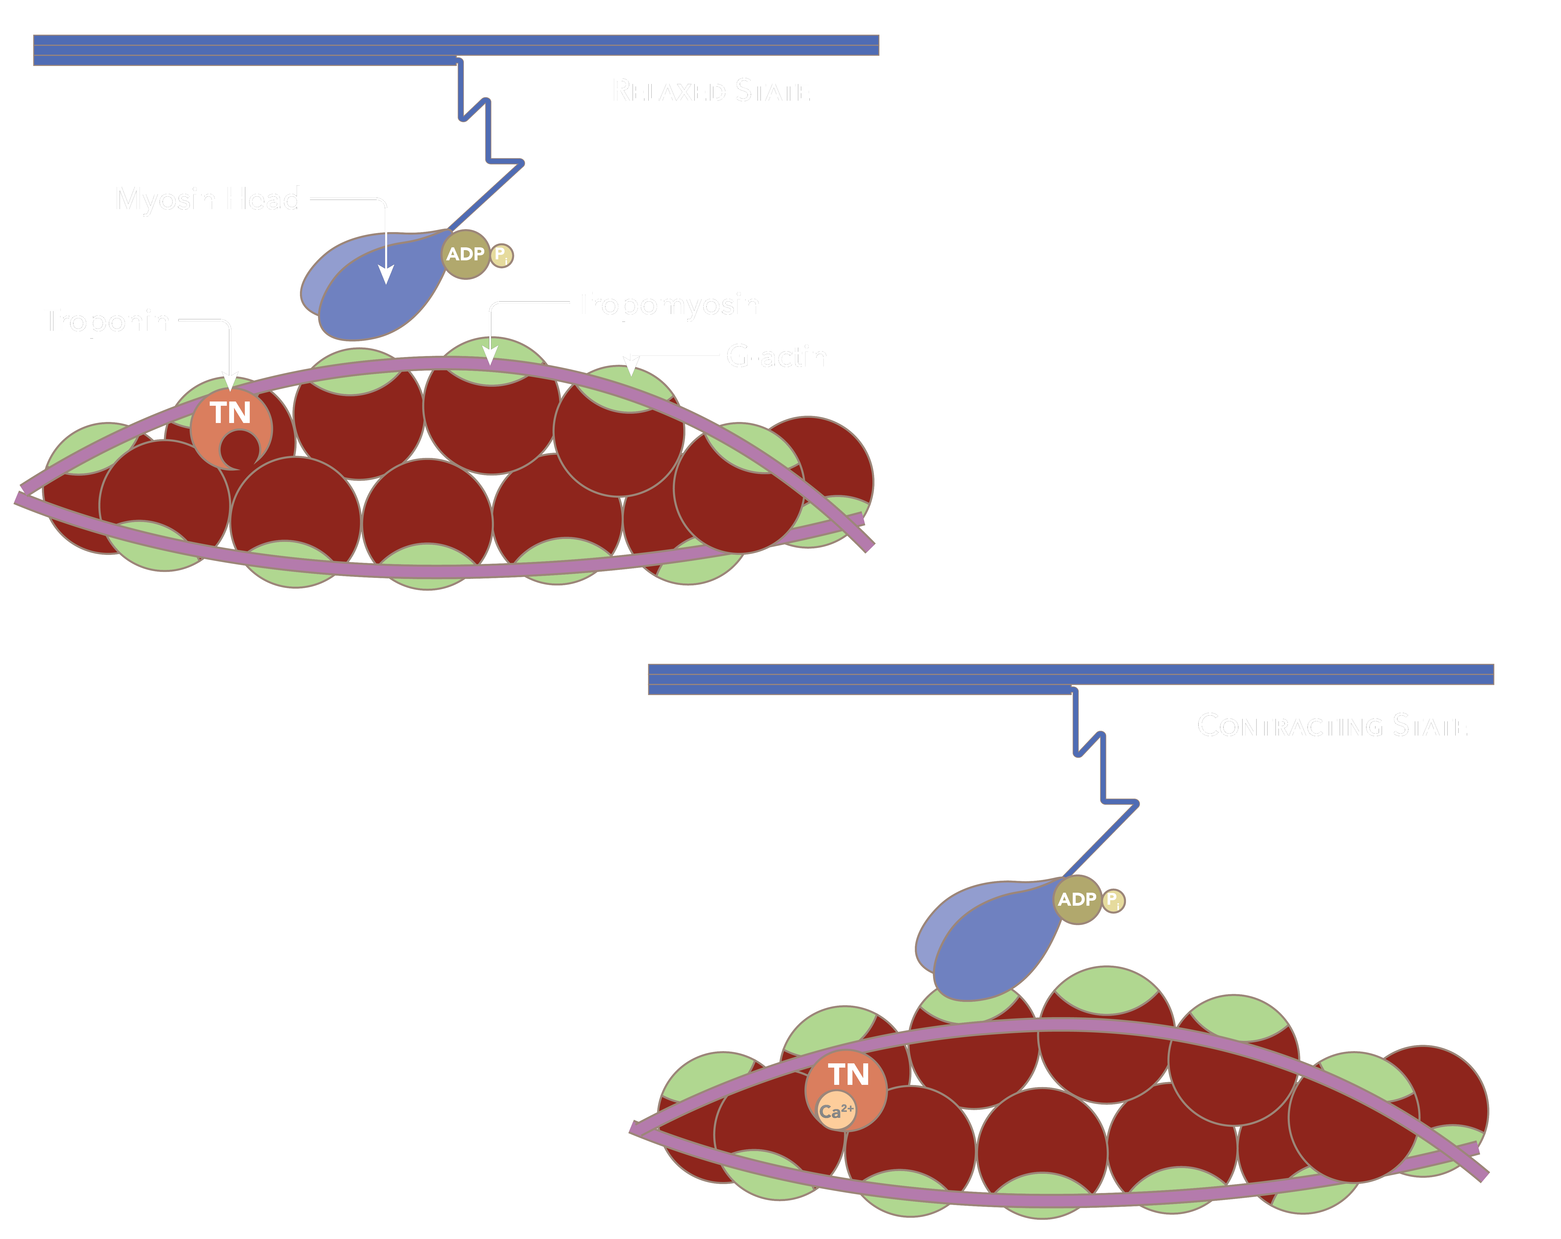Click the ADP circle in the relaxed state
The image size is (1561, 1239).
coord(465,254)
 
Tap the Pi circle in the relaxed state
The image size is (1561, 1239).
coord(501,256)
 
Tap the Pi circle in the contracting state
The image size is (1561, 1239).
coord(1113,901)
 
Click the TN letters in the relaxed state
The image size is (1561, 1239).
coord(230,413)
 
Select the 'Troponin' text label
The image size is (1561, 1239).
coord(109,320)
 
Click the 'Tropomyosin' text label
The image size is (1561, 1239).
coord(670,305)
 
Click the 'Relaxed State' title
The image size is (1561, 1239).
coord(711,91)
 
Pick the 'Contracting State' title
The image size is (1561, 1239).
coord(1332,726)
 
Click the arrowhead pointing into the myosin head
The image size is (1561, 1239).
coord(386,275)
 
